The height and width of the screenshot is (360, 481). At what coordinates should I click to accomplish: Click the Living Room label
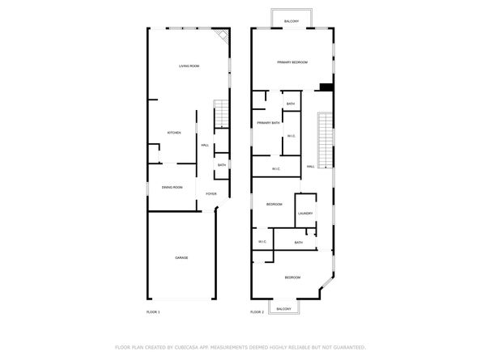(189, 66)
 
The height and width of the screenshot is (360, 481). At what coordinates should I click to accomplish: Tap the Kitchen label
(173, 133)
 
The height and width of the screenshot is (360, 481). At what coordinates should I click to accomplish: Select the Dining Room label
(172, 187)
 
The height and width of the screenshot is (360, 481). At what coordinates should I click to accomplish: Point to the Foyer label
(211, 194)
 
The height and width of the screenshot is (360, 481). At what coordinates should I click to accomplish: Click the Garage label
(181, 257)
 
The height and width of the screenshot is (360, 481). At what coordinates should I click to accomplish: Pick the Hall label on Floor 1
(205, 145)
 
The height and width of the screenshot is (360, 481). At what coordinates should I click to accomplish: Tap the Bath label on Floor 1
(221, 165)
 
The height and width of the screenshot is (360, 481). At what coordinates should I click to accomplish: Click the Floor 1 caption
(153, 312)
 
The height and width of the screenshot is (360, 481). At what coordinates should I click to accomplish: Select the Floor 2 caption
(257, 312)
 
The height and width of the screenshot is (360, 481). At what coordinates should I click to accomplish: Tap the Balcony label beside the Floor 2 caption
(283, 309)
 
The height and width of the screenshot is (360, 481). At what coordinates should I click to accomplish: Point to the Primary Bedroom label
(292, 62)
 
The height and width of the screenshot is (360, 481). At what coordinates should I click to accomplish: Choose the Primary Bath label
(268, 123)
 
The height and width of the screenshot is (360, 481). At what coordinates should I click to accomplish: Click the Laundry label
(305, 214)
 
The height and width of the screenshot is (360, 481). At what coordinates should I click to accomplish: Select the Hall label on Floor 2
(310, 167)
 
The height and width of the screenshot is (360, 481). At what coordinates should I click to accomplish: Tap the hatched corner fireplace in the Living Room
(223, 36)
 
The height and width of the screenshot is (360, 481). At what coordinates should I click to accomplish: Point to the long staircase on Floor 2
(326, 137)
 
